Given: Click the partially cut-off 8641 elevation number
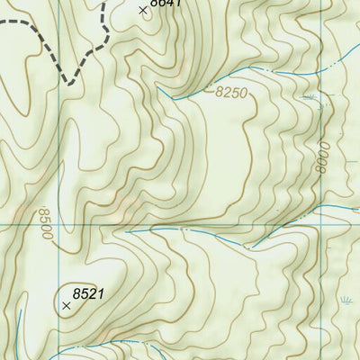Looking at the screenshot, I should coord(166,4).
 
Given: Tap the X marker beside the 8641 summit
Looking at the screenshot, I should coord(142,10).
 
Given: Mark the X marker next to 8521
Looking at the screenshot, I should coord(67,306).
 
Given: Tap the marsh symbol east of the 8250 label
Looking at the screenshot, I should coord(310,95).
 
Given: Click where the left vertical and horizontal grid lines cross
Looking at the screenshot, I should coord(59,224).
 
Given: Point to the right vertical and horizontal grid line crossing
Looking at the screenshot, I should coord(320,224).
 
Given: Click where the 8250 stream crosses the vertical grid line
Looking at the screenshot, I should coord(320,66).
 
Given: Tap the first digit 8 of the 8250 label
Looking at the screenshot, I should coord(220,91).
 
